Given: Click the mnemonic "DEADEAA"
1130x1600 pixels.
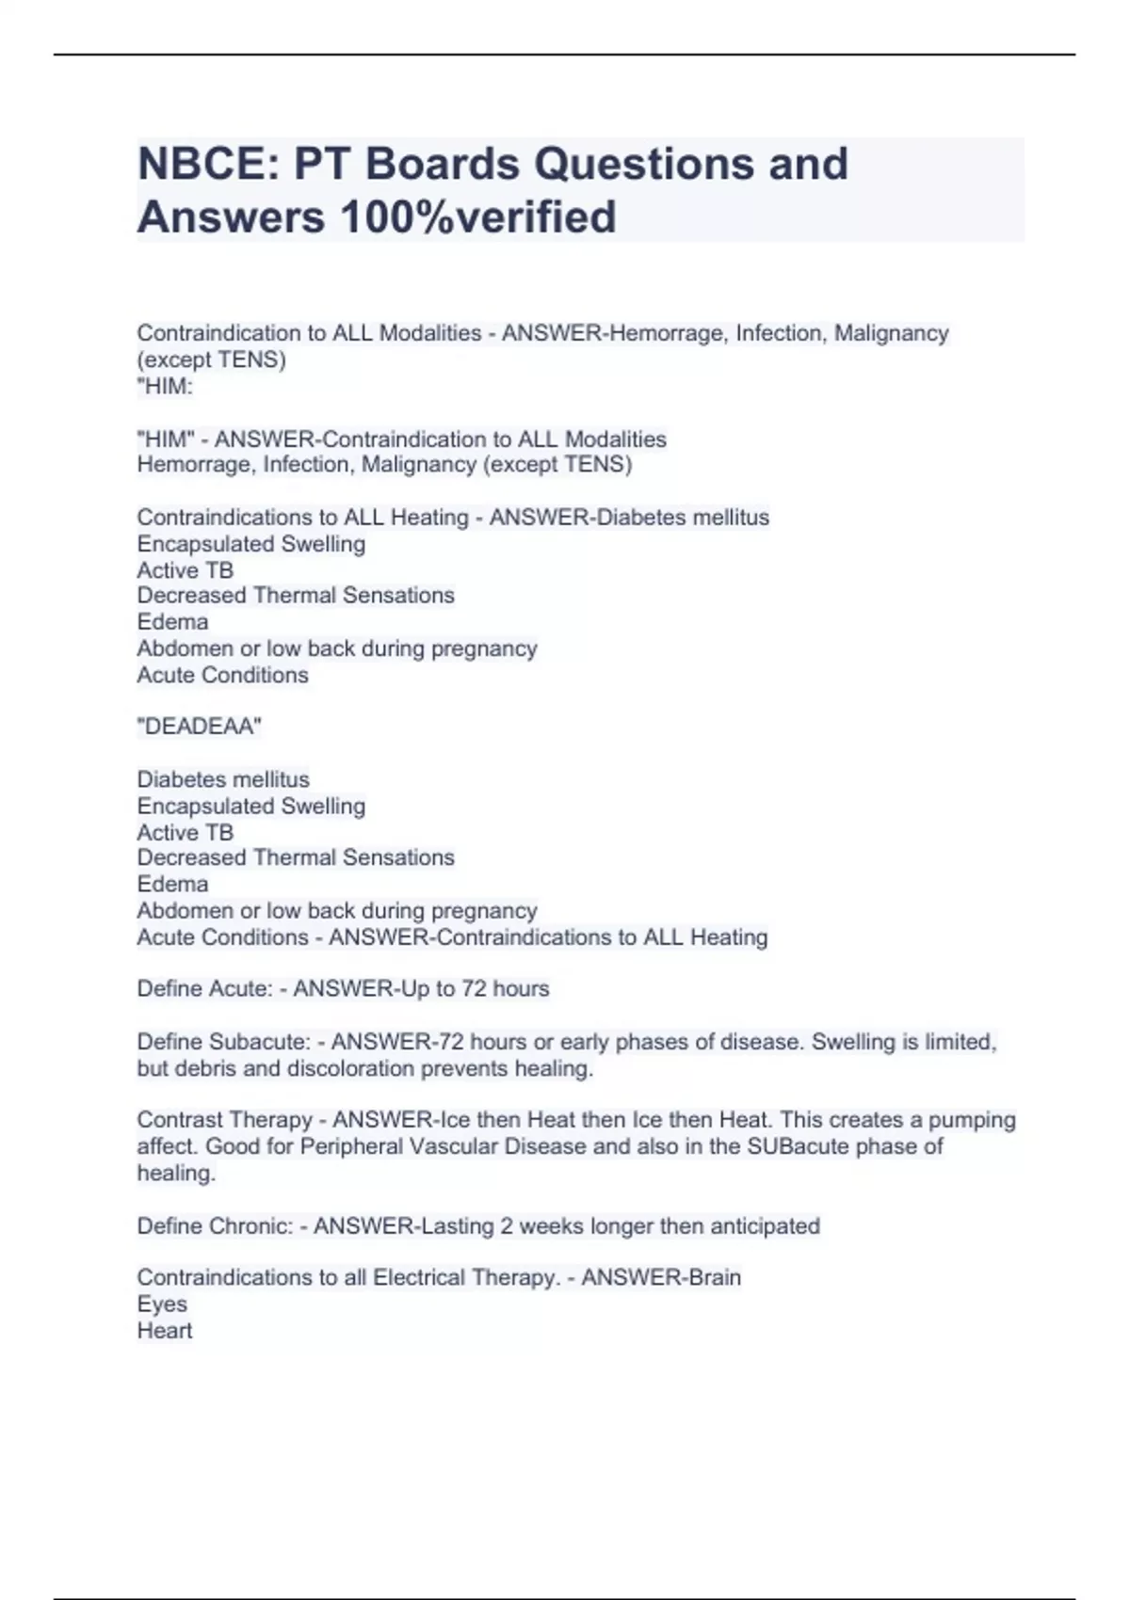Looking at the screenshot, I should click(199, 727).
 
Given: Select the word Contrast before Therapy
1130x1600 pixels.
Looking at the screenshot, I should click(177, 1120).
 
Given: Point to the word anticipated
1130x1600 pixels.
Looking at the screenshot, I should click(765, 1226).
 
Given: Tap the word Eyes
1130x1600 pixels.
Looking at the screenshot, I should click(162, 1304).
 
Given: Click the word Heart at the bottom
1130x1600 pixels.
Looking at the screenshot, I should click(165, 1330).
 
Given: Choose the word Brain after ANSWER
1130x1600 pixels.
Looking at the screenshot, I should click(715, 1277).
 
